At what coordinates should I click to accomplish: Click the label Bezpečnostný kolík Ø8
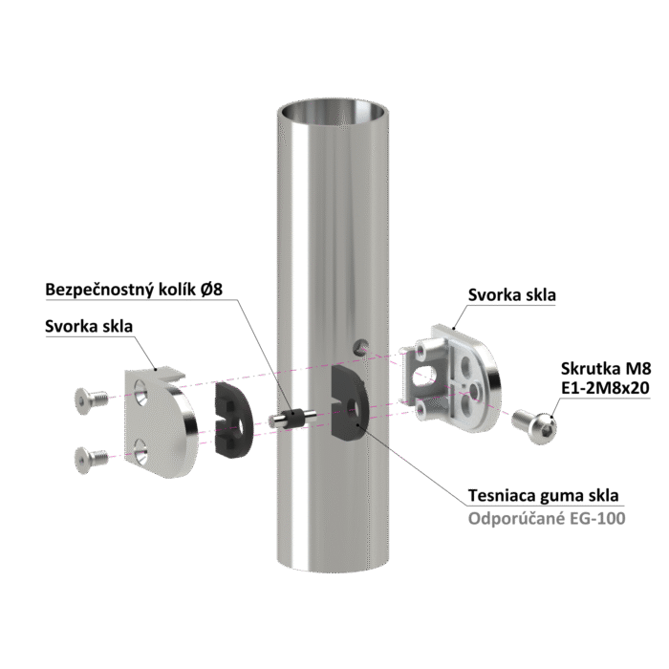(134, 290)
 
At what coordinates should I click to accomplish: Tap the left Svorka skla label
(89, 327)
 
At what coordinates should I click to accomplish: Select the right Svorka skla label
(512, 295)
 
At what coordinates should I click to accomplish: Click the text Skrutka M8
(606, 369)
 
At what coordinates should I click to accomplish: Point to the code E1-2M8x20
(605, 388)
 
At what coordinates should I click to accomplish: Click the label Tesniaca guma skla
(543, 496)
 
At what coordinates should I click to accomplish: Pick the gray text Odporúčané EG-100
(547, 518)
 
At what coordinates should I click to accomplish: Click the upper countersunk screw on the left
(91, 400)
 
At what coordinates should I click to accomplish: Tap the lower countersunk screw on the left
(91, 460)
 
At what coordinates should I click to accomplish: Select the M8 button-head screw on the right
(534, 426)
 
